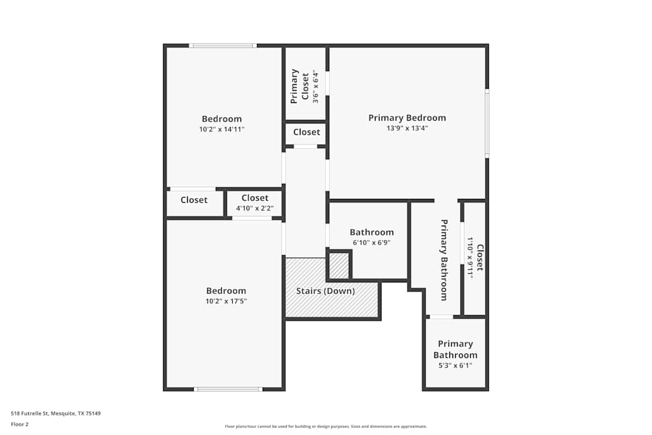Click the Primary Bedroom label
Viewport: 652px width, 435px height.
407,118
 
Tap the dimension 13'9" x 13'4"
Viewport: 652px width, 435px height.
407,128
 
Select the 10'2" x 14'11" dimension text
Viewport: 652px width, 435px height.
222,129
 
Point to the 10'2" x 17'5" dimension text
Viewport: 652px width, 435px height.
226,301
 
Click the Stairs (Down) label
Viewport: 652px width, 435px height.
325,291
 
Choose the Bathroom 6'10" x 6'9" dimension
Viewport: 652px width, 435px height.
372,243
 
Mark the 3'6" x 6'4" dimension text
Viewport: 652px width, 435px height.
316,86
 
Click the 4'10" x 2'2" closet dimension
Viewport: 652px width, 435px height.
254,209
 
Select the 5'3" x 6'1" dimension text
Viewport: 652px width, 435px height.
455,366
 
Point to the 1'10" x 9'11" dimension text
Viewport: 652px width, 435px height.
469,258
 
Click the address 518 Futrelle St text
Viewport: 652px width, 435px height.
56,413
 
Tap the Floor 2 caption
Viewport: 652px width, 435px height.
20,424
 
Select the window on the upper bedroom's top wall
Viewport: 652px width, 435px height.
222,46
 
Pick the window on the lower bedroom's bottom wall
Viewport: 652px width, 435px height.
228,389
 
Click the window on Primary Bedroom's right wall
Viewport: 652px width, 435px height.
487,123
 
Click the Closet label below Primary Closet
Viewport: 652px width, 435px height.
306,132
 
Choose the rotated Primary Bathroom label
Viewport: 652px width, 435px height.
444,260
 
